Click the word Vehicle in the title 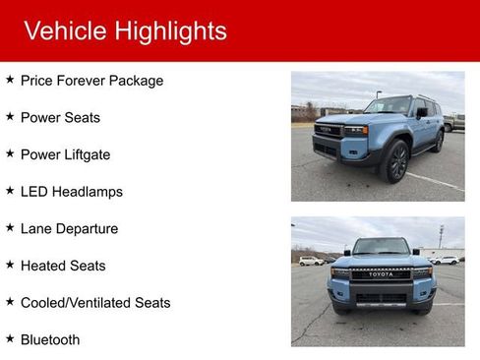tap(65, 30)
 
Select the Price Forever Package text tap(91, 81)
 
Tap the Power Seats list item tap(60, 117)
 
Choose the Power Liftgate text tap(65, 154)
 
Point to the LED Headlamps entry tap(71, 192)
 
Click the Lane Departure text tap(69, 228)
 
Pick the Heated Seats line tap(63, 266)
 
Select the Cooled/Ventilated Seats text tap(95, 302)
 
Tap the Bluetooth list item tap(50, 339)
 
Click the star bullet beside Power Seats tap(10, 116)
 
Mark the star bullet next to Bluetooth tap(10, 338)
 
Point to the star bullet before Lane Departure tap(10, 227)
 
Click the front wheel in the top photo tap(396, 162)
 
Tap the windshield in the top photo tap(390, 105)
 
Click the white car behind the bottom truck tap(311, 261)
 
